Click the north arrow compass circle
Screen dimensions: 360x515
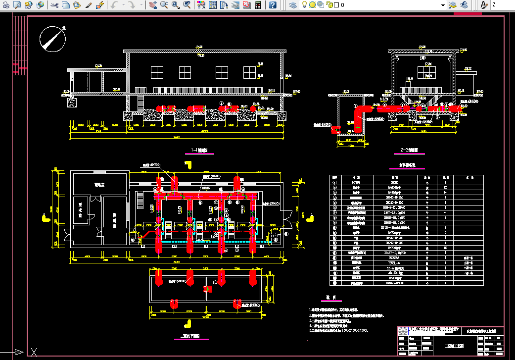click(53, 39)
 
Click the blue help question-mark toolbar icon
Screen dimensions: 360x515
click(273, 5)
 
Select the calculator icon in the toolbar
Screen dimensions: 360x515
click(258, 5)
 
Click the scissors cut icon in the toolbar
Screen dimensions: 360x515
click(54, 5)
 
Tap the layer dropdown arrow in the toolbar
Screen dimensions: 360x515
click(443, 5)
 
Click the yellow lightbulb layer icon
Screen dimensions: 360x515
click(312, 5)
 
